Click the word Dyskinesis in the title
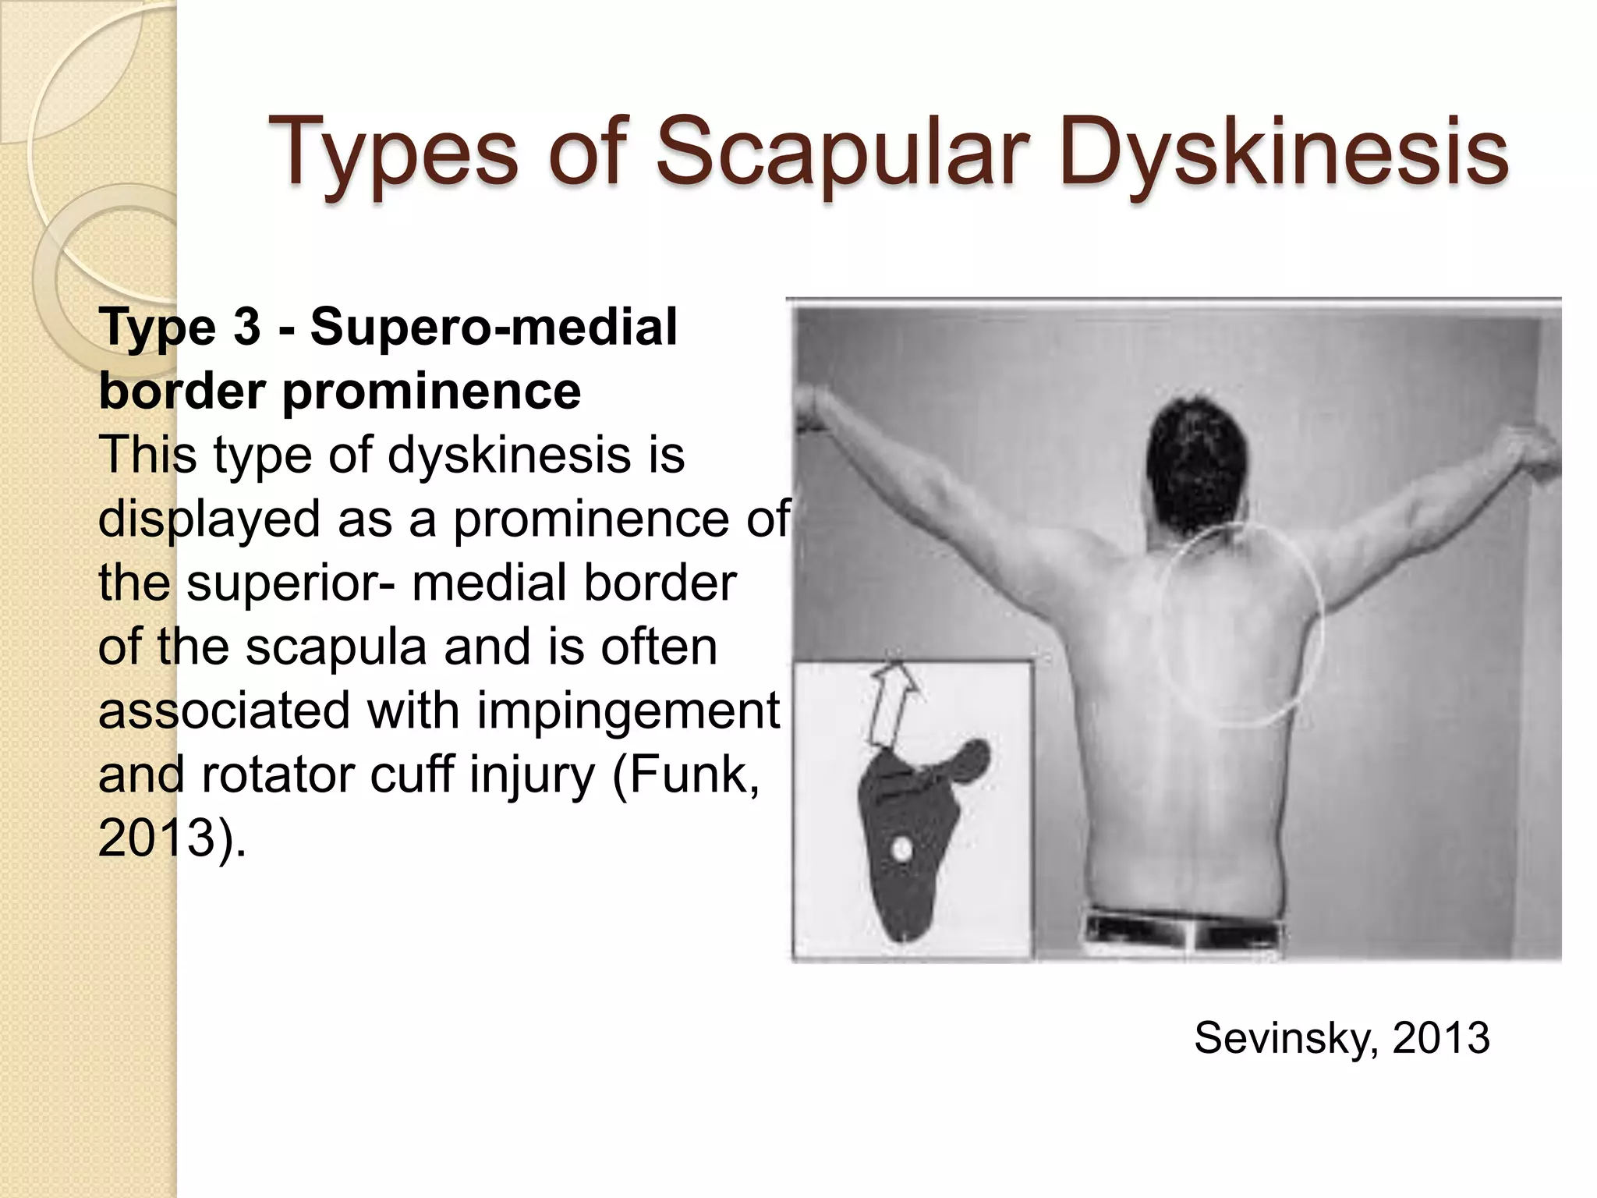click(1284, 153)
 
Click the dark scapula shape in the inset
click(905, 881)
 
